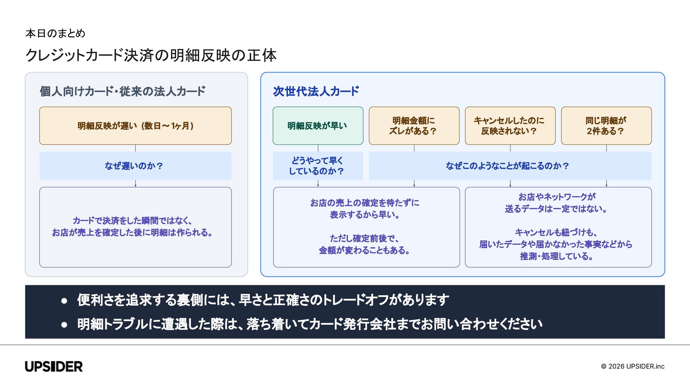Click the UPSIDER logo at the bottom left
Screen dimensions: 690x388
[x=54, y=366]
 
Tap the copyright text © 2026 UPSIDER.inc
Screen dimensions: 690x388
[x=632, y=366]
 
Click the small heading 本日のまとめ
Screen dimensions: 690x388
[x=55, y=33]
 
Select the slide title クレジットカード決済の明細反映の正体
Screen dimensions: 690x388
[x=151, y=55]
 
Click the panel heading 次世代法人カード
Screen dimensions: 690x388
[x=316, y=91]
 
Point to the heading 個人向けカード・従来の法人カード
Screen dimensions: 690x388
[x=123, y=91]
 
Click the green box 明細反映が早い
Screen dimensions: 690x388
[x=318, y=126]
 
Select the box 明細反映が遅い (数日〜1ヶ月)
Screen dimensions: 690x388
[x=135, y=126]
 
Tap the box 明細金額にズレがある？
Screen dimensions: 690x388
[x=414, y=126]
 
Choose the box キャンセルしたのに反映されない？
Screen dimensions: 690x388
[x=510, y=126]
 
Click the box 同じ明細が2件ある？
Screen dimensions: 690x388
[x=606, y=126]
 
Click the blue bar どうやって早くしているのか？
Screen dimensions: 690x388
[x=318, y=166]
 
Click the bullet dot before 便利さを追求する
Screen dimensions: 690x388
[x=64, y=301]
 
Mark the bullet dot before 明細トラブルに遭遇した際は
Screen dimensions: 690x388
[x=64, y=325]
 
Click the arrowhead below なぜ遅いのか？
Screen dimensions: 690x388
[x=135, y=185]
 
